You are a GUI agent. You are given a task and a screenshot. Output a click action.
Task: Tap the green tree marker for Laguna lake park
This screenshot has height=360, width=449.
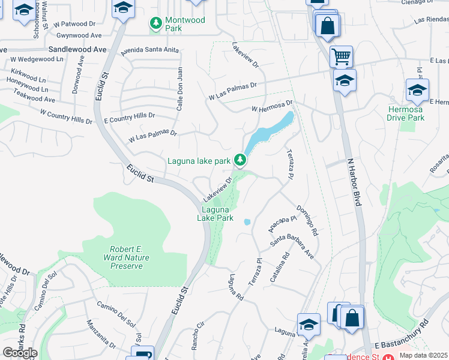tap(240, 160)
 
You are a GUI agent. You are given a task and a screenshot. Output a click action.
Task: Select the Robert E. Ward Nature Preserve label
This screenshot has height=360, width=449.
tap(126, 257)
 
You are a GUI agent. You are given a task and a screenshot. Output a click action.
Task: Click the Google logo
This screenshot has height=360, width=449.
tap(20, 352)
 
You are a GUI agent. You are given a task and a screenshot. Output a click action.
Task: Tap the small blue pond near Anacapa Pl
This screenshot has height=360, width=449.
tap(247, 222)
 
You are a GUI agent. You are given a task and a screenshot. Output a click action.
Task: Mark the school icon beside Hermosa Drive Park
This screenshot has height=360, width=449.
tap(417, 91)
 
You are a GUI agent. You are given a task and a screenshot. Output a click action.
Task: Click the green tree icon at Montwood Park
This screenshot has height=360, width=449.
tap(156, 23)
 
